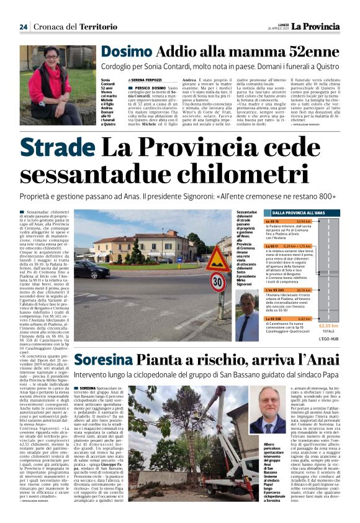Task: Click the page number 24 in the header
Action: [24, 26]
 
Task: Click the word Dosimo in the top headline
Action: [127, 52]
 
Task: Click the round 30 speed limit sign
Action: [217, 282]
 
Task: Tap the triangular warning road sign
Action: [217, 259]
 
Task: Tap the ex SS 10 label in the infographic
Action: [272, 221]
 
